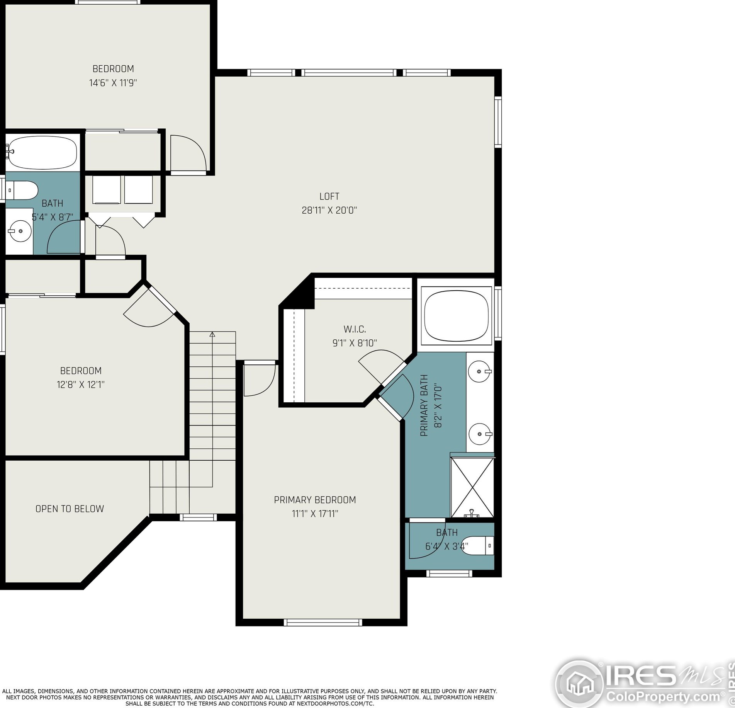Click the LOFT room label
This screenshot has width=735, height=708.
coord(329,196)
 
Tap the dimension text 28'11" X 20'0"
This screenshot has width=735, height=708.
coord(329,210)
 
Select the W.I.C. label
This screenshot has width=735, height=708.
coord(355,329)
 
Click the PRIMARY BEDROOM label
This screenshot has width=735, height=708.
coord(315,500)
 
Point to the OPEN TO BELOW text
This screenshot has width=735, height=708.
coord(70,509)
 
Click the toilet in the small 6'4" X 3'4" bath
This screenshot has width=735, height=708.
coord(478,546)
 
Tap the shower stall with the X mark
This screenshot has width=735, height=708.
coord(472,487)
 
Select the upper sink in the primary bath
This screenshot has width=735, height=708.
coord(479,371)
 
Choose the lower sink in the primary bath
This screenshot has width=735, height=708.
coord(479,434)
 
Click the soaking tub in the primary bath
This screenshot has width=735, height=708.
coord(457,316)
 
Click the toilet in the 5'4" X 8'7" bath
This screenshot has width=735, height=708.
coord(22,190)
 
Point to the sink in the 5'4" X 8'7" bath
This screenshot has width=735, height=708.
coord(19,231)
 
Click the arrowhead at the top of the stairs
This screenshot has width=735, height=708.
coord(212,334)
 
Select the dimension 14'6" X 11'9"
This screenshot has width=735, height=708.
coord(113,83)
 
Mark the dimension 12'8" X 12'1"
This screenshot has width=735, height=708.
coord(81,385)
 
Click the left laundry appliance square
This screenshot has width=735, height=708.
coord(107,189)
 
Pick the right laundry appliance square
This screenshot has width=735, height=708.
coord(138,189)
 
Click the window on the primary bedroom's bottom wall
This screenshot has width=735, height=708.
coord(323,623)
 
